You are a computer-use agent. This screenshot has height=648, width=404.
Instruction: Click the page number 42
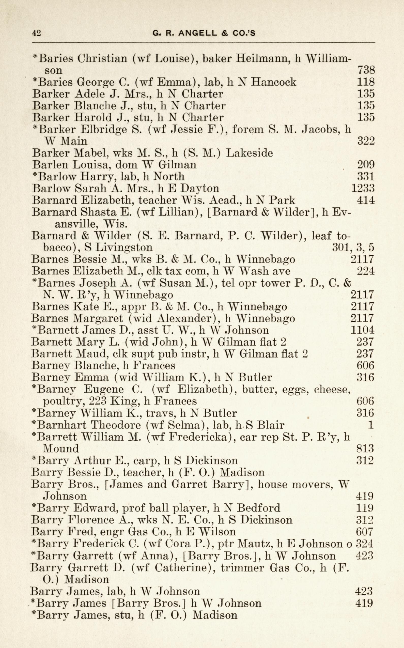[x=36, y=33]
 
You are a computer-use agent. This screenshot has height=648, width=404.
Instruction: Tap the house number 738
[x=366, y=70]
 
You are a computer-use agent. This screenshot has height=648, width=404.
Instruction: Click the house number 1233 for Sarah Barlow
[x=363, y=188]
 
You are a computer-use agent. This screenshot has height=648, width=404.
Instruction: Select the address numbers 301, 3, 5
[x=353, y=247]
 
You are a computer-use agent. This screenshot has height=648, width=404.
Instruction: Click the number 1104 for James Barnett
[x=362, y=330]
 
